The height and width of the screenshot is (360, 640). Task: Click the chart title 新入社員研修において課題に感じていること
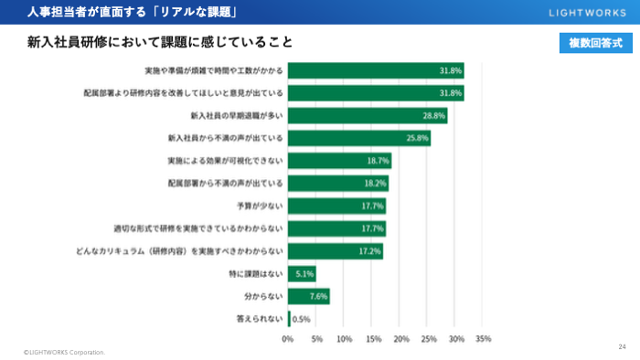click(160, 43)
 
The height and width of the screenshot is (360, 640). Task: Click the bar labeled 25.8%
click(359, 138)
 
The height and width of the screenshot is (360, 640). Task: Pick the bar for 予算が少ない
click(336, 206)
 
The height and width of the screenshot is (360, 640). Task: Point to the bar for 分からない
click(309, 296)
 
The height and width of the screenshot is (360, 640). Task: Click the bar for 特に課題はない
click(302, 273)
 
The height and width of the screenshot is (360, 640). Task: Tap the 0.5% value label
click(301, 319)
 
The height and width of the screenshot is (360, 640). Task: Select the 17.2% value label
click(369, 250)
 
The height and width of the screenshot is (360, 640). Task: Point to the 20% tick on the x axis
click(400, 338)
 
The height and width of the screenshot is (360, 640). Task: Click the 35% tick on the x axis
click(484, 338)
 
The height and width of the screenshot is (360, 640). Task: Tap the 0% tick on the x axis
click(288, 338)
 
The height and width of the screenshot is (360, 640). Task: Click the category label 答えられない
click(260, 319)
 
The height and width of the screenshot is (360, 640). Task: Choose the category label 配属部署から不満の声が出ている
click(225, 183)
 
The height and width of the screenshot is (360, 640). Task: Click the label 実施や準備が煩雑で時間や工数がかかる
click(214, 70)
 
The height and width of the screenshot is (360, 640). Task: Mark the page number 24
click(622, 346)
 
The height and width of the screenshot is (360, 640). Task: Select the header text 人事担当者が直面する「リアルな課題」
click(133, 12)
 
